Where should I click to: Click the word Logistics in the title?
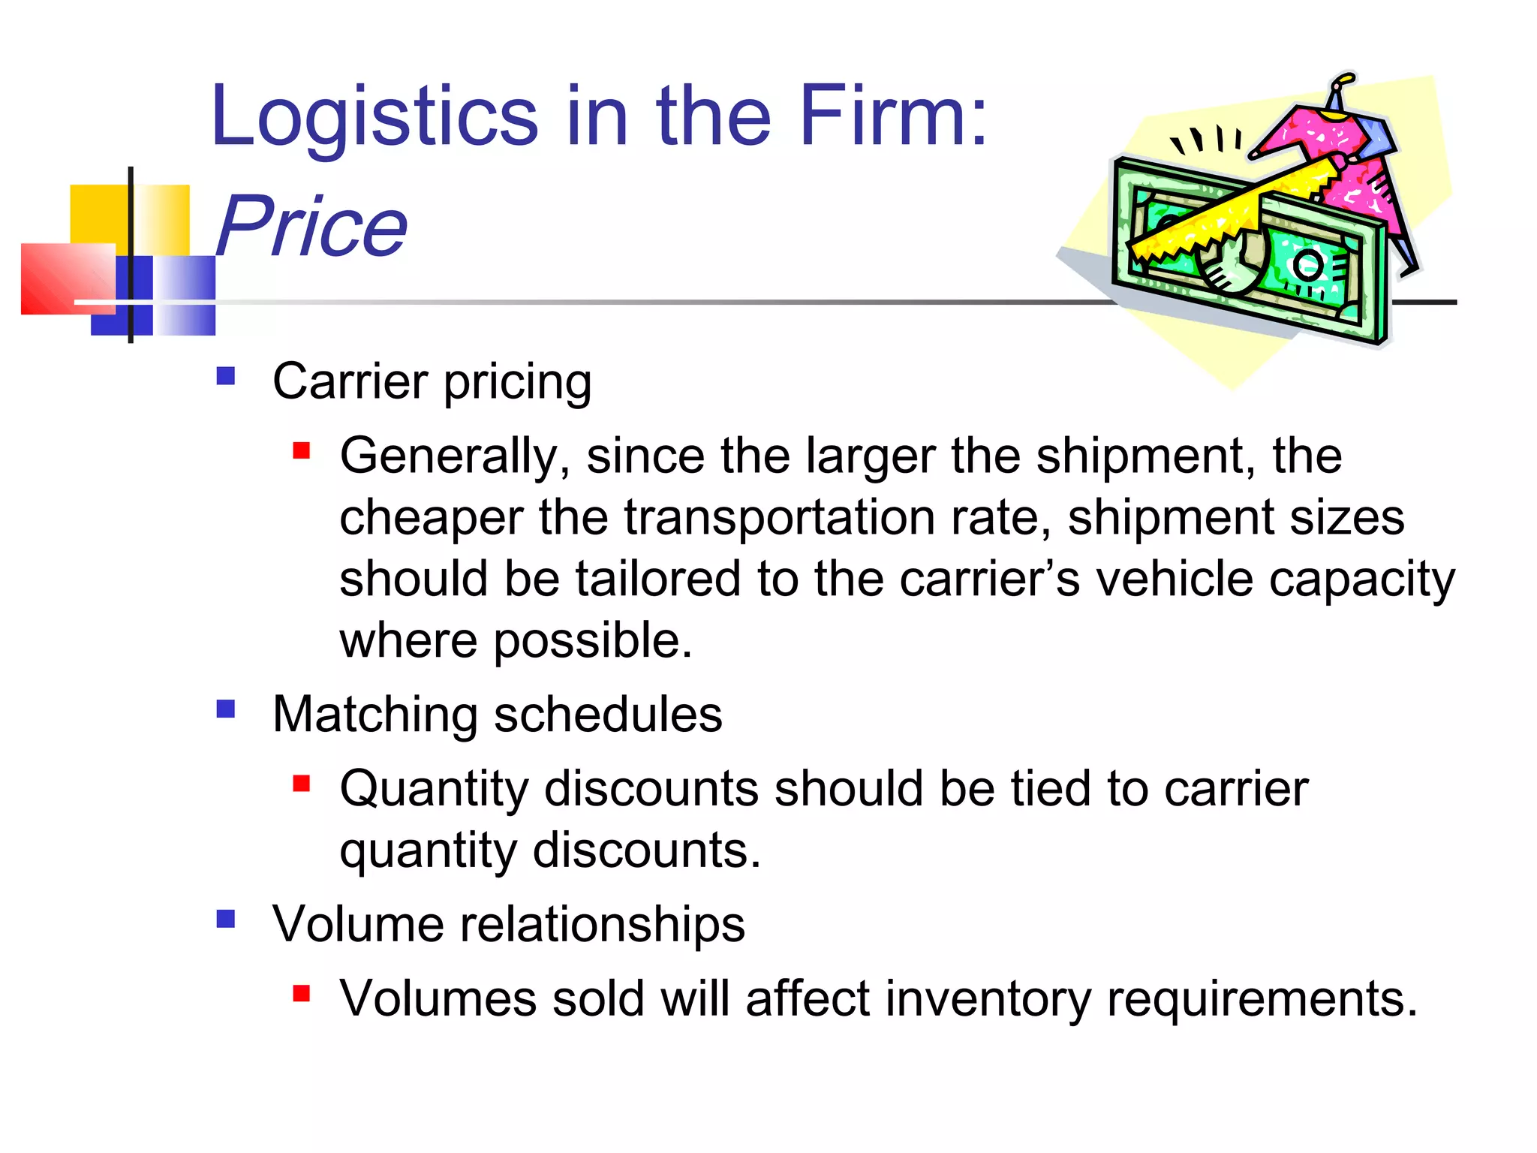pos(374,116)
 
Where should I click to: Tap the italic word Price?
pos(311,225)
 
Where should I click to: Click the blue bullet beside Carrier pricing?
pos(226,375)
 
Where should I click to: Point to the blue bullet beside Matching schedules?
pos(226,709)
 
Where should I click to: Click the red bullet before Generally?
pos(302,450)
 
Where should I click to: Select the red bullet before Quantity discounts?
pos(302,784)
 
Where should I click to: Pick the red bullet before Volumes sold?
pos(302,994)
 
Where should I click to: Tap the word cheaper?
pos(432,518)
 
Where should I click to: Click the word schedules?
pos(608,715)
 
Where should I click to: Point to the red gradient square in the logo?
pos(68,278)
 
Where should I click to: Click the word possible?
pos(592,641)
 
